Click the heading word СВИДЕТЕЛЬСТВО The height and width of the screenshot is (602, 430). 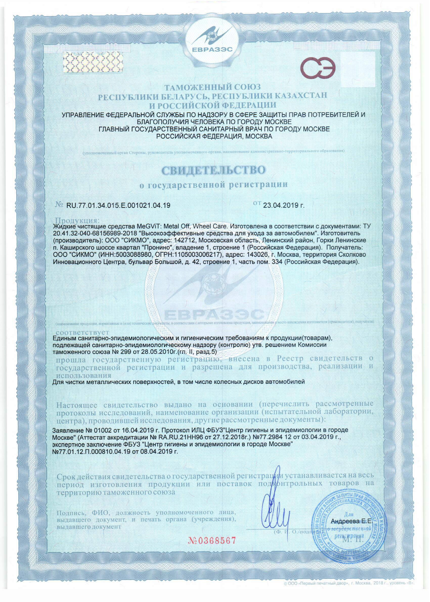click(x=213, y=170)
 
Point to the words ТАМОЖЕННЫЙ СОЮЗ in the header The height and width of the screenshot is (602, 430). click(x=213, y=87)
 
